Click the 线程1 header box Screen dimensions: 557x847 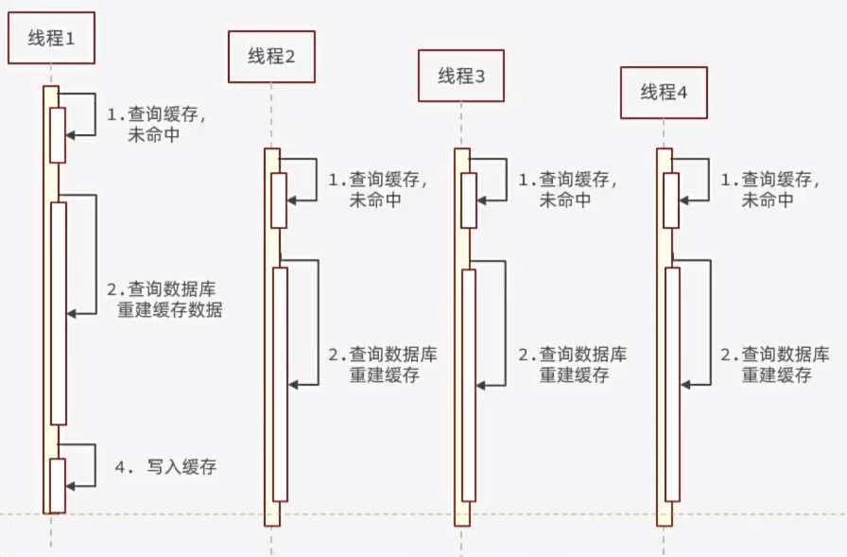[x=51, y=38]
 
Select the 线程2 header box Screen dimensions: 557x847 [x=271, y=56]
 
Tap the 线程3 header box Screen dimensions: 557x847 [x=461, y=76]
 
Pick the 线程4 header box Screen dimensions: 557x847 [x=664, y=92]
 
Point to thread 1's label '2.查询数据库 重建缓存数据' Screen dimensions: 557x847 [x=164, y=299]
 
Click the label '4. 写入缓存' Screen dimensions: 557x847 [x=166, y=466]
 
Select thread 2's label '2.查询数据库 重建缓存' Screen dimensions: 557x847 [x=382, y=364]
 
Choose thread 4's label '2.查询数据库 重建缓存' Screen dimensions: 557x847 [x=775, y=364]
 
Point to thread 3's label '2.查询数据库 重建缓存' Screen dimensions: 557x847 [x=573, y=364]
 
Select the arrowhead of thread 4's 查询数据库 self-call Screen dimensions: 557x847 [x=685, y=383]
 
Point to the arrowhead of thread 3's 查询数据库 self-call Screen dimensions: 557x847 [x=481, y=383]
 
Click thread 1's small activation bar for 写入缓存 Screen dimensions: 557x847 [x=58, y=485]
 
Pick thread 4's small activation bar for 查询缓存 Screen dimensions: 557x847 [x=670, y=200]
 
